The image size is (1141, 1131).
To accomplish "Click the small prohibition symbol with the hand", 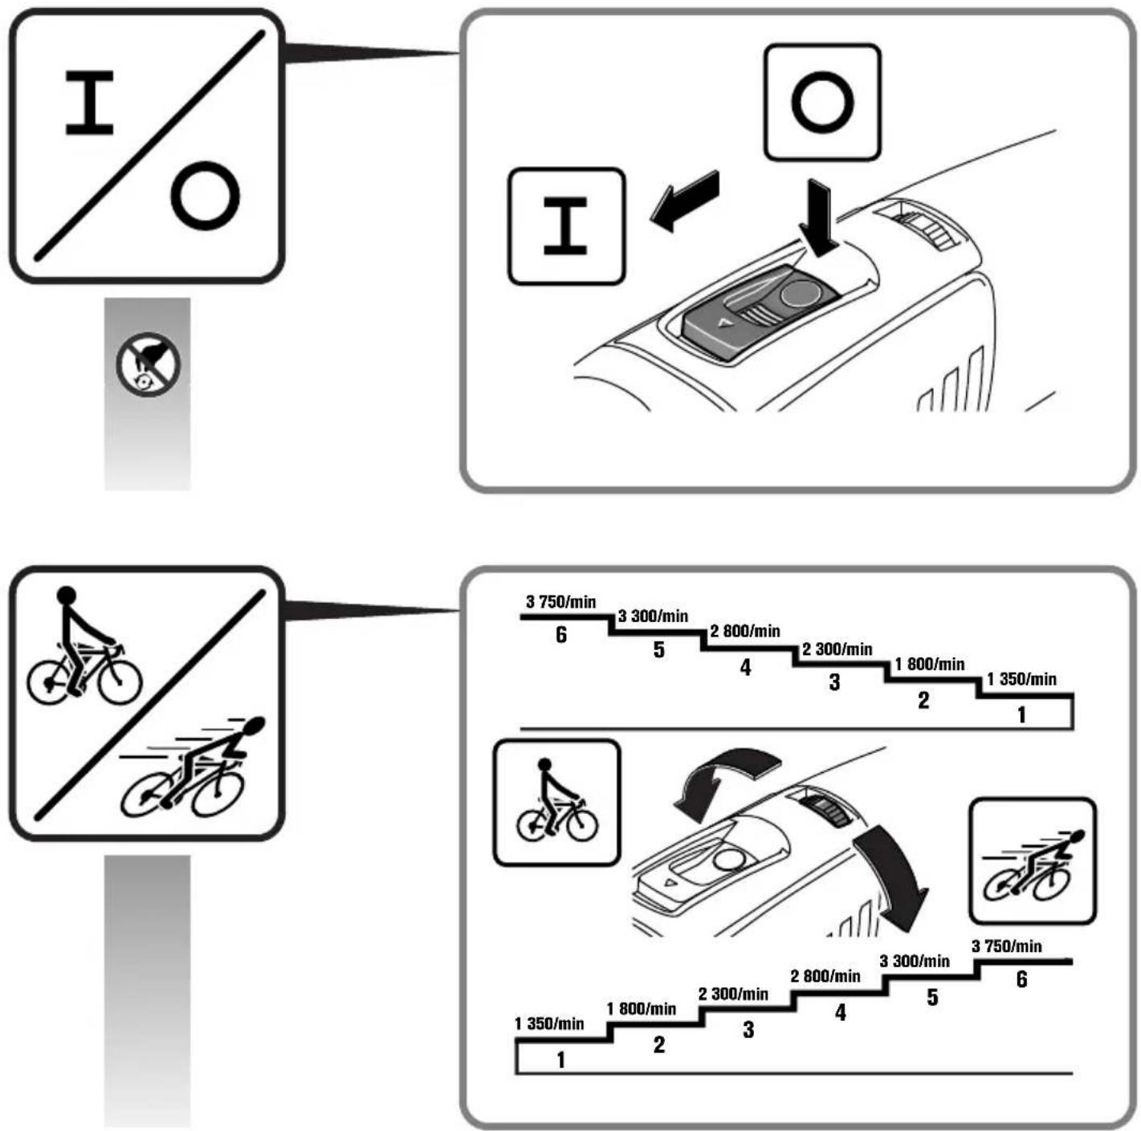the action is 148,364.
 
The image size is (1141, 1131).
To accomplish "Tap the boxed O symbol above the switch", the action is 822,102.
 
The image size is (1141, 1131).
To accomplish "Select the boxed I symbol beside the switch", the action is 567,226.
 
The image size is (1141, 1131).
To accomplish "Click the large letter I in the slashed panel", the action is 89,103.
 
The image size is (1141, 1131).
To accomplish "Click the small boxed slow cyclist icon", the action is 556,803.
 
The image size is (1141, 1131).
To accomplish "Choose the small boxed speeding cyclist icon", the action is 1032,860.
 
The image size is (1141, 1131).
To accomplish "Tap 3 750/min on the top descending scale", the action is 560,602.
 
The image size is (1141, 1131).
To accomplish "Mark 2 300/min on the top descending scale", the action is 837,649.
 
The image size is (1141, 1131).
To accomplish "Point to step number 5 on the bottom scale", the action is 932,997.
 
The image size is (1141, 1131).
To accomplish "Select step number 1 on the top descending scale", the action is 1021,714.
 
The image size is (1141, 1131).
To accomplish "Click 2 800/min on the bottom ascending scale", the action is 825,976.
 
